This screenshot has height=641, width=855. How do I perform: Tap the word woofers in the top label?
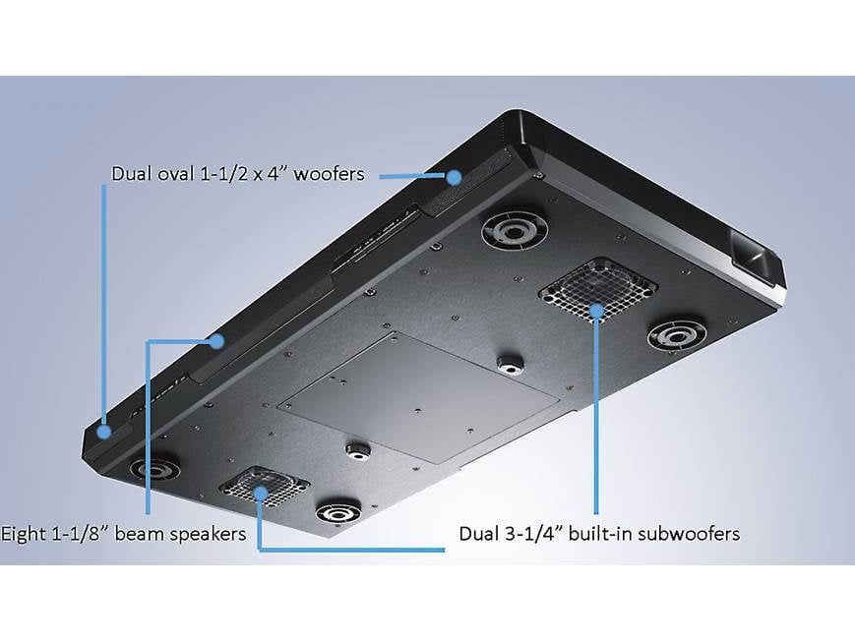(x=329, y=174)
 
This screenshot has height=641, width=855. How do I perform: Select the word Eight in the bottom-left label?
(x=22, y=533)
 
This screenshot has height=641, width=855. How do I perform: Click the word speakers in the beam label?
(x=209, y=534)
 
